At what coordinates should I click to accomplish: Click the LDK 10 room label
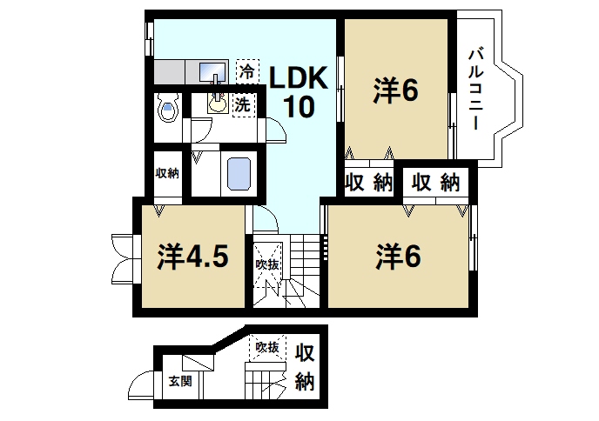pos(296,91)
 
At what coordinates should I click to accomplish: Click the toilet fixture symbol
pos(168,111)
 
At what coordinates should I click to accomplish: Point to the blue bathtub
pos(239,172)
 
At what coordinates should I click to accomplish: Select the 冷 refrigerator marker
pos(247,70)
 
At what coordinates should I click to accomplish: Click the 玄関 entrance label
pos(179,380)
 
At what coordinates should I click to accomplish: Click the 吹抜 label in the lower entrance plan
pos(266,348)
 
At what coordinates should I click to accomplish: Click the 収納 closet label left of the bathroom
pos(167,172)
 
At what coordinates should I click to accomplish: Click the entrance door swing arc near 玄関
pos(138,383)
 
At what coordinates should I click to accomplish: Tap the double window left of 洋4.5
pos(121,257)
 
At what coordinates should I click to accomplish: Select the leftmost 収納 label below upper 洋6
pos(368,183)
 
